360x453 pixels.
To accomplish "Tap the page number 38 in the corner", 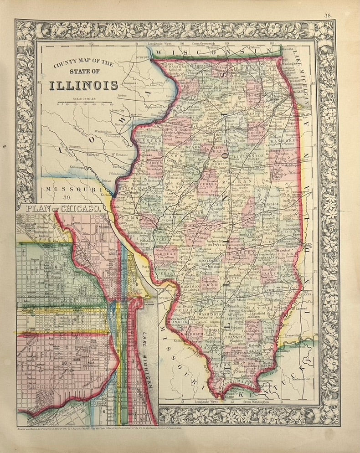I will click(x=327, y=15).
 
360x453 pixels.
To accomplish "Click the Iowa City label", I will click(x=118, y=111).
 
